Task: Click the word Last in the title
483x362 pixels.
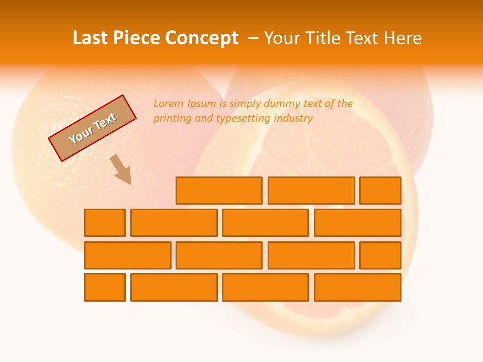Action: click(x=91, y=38)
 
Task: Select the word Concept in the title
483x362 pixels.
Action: click(x=203, y=38)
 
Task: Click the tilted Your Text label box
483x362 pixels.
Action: click(x=93, y=128)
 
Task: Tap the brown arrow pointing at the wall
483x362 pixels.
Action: click(x=121, y=169)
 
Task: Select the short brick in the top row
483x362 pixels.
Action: click(x=380, y=191)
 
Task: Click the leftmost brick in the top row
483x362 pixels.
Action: click(x=219, y=191)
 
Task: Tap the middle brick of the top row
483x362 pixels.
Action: click(x=311, y=191)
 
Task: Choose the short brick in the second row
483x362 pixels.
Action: click(x=105, y=223)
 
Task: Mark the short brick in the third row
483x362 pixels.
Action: click(x=380, y=255)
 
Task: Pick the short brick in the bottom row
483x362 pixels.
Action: click(x=105, y=288)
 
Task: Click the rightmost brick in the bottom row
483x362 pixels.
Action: click(x=357, y=288)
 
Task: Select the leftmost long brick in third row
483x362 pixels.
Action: click(x=127, y=255)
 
